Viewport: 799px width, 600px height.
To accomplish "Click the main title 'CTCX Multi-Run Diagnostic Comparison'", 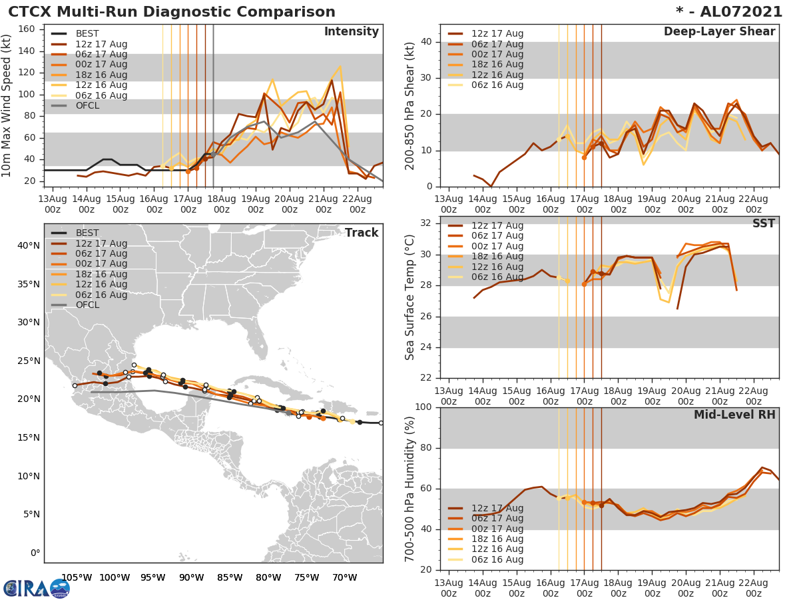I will (x=172, y=12).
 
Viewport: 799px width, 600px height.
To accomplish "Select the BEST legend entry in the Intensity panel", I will (x=87, y=34).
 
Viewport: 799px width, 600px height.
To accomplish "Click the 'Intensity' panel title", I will (x=351, y=32).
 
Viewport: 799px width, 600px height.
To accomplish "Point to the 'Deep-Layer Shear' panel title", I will (x=719, y=32).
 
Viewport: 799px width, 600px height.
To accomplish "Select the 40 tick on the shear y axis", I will (x=427, y=42).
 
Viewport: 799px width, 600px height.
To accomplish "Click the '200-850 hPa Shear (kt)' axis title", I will (x=410, y=105).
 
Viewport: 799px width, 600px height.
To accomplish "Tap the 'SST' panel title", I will (x=763, y=224).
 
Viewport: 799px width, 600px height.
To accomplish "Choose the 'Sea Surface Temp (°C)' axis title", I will (x=410, y=297).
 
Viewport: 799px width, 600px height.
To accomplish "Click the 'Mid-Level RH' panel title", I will (x=734, y=415).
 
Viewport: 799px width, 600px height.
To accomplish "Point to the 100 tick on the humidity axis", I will (x=423, y=407).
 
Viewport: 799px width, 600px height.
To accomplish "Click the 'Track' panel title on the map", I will (x=361, y=233).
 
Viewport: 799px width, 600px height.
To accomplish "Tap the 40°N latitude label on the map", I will (x=29, y=246).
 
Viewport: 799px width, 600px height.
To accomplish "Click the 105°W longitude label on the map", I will (x=77, y=576).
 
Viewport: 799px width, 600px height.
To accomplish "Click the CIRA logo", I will (x=36, y=588).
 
